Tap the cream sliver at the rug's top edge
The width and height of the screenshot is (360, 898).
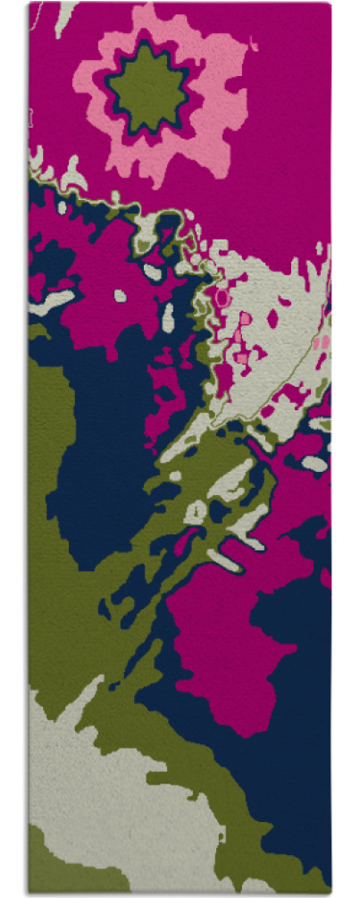63,16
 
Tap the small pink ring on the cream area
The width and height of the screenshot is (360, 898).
222,294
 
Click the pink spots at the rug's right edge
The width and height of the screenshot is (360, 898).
322,341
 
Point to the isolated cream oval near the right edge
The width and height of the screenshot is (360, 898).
314,464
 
